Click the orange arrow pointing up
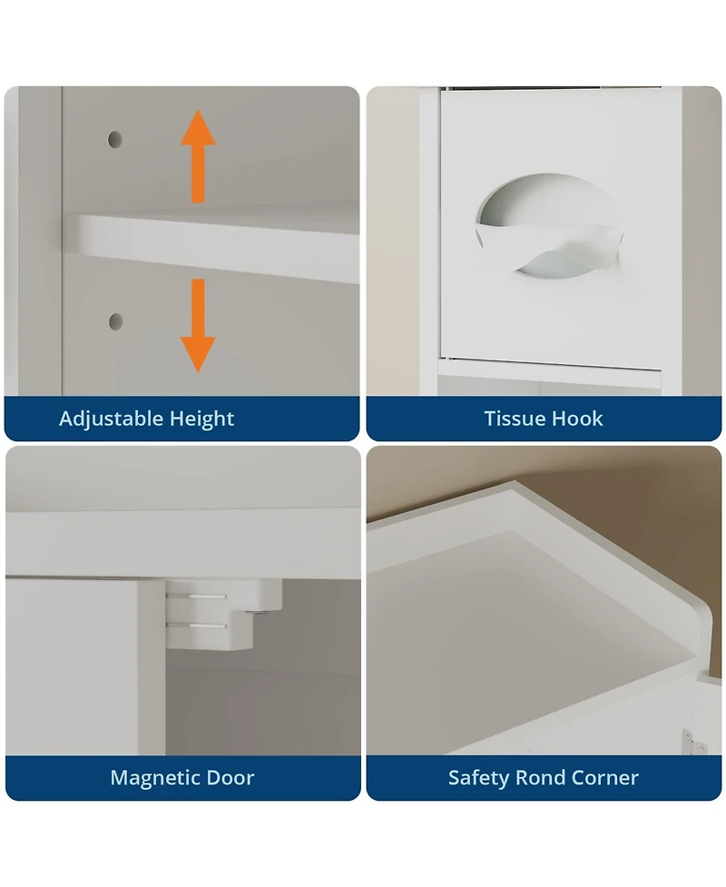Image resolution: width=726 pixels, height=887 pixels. click(198, 156)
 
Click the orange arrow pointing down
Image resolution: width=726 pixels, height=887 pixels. click(198, 325)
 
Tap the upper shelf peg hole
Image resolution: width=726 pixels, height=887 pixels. click(115, 139)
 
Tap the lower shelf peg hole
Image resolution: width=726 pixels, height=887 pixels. click(116, 322)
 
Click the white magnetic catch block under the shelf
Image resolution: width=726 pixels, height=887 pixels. click(224, 615)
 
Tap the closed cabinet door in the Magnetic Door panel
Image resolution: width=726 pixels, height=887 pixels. click(84, 666)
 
